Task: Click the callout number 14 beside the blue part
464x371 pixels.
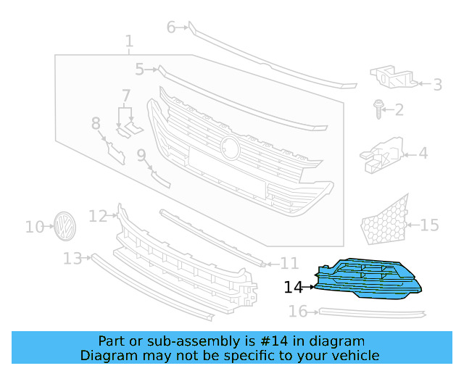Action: [293, 287]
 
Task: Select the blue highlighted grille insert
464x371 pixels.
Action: [366, 279]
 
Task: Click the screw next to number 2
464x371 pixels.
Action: [378, 109]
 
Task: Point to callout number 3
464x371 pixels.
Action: [437, 85]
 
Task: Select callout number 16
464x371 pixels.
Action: [298, 312]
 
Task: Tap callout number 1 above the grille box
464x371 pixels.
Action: [128, 41]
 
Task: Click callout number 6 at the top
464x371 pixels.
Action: [172, 28]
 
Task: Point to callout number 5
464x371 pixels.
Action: [140, 70]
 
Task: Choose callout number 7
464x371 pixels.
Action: [126, 96]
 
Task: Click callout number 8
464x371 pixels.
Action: [96, 124]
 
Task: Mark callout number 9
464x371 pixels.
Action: [141, 154]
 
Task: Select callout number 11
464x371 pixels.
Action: [289, 263]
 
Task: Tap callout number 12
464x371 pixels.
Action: [98, 215]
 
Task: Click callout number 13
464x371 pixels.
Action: [72, 259]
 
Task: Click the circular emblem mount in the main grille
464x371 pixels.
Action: [231, 147]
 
